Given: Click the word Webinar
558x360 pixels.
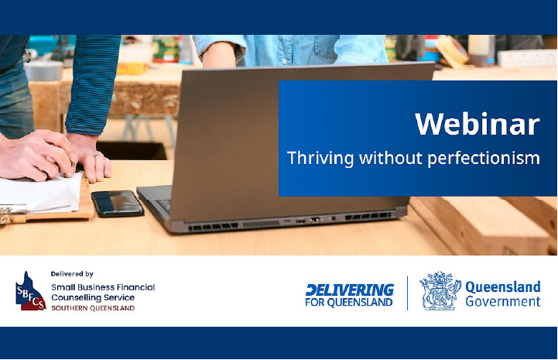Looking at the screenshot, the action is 478,124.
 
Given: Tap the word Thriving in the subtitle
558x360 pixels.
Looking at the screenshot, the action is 320,158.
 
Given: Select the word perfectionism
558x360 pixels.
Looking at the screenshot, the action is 484,159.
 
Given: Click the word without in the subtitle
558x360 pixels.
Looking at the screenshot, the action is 390,157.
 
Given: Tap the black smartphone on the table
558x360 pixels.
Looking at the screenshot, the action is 118,204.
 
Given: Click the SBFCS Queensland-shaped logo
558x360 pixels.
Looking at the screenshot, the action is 30,291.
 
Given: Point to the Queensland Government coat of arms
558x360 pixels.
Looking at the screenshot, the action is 440,290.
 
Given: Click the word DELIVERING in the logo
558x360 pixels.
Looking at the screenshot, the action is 350,290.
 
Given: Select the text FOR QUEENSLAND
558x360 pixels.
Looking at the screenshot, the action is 349,302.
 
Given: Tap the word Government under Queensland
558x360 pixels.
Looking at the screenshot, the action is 503,301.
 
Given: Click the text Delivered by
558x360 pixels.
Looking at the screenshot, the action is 72,274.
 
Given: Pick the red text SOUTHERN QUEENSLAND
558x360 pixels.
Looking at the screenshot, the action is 93,308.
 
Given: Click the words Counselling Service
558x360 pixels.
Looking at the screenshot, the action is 93,297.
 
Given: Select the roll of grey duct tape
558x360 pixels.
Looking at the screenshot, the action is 44,70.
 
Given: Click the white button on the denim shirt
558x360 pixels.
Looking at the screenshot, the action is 284,61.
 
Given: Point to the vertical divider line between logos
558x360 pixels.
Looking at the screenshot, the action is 407,293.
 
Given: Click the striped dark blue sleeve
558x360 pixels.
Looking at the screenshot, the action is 93,84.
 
